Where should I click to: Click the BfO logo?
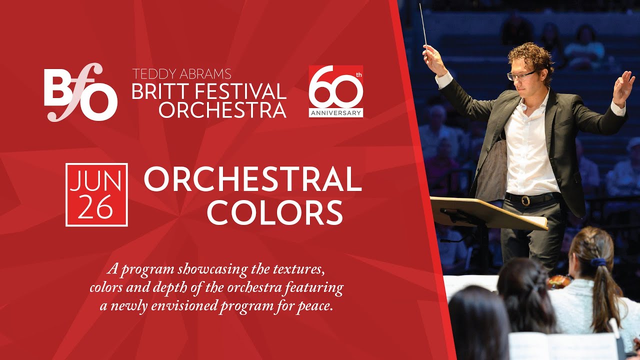point(80,93)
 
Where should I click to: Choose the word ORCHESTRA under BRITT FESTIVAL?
point(222,110)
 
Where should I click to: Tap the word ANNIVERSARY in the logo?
point(336,113)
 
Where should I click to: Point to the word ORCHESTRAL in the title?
point(252,179)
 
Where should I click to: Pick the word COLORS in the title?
point(275,212)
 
